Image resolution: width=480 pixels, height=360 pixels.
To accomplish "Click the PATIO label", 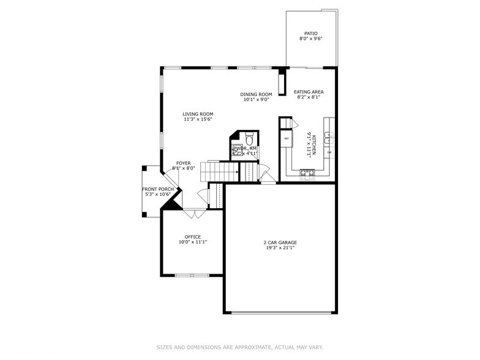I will (x=311, y=34).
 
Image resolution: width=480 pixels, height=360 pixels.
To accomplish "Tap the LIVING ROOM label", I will (x=198, y=114).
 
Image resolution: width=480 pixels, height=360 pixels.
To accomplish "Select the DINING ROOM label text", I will (x=256, y=94).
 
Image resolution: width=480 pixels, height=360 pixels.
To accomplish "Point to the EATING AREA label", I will (x=309, y=92).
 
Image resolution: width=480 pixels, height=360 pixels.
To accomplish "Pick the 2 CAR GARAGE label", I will (x=279, y=242).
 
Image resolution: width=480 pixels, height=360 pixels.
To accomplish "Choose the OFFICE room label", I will (x=193, y=237).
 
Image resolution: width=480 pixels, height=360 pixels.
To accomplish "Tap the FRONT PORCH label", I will (x=158, y=189).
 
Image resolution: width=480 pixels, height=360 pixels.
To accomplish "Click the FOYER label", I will (x=184, y=163).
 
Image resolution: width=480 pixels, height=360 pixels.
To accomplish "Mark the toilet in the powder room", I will (x=249, y=137).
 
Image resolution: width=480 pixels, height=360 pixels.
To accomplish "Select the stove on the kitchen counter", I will (x=307, y=175).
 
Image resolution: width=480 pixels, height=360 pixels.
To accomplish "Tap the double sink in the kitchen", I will (x=329, y=135).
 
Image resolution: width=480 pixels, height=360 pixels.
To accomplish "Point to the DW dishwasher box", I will (x=329, y=152).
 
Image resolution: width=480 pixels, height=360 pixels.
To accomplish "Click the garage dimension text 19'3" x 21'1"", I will (x=279, y=248).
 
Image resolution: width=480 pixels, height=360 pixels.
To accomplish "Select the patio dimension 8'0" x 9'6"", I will (x=311, y=39).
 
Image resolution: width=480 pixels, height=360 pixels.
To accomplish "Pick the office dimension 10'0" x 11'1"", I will (x=193, y=242).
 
